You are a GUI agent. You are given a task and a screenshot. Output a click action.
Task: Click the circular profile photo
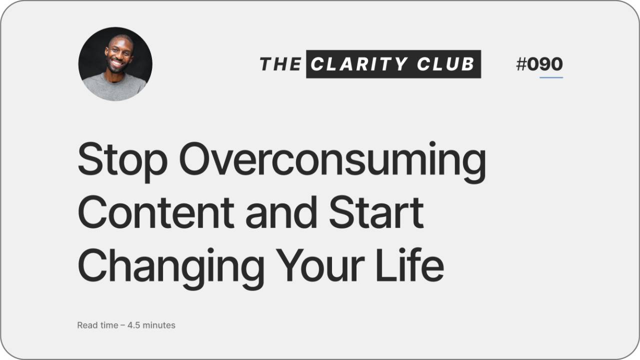pyautogui.click(x=115, y=64)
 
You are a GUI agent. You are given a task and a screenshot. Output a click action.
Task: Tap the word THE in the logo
pyautogui.click(x=280, y=64)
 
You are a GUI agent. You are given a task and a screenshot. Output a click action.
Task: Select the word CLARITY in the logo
pyautogui.click(x=358, y=64)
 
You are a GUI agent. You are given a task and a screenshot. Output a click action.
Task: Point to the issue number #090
pyautogui.click(x=539, y=64)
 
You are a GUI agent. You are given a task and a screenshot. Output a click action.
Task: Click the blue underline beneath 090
pyautogui.click(x=551, y=77)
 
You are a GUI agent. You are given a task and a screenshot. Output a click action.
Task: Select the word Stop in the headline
pyautogui.click(x=123, y=159)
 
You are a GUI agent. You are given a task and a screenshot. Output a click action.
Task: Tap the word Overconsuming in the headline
pyautogui.click(x=332, y=159)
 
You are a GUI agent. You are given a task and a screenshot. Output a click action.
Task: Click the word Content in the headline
pyautogui.click(x=155, y=212)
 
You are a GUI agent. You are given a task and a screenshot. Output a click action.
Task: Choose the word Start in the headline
pyautogui.click(x=376, y=212)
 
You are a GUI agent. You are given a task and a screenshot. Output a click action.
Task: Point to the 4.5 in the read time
pyautogui.click(x=133, y=325)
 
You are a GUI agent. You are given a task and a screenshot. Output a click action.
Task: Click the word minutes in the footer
pyautogui.click(x=159, y=325)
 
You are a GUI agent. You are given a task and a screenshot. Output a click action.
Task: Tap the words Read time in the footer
pyautogui.click(x=97, y=325)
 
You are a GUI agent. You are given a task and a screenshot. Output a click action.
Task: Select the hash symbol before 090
pyautogui.click(x=521, y=64)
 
